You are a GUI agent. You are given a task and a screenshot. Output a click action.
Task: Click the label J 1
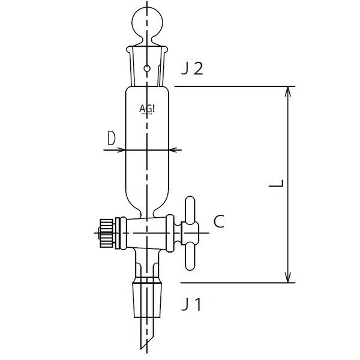pos(191,305)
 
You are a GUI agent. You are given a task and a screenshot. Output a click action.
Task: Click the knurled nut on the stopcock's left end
pos(103,229)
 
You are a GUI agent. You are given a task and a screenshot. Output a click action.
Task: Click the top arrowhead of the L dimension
pos(289,91)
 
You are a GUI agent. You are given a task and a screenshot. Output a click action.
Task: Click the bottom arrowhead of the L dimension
pos(289,278)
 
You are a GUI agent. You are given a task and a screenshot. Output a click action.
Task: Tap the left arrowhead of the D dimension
pos(119,149)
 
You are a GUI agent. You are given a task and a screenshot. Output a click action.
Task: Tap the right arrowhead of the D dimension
pos(175,149)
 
